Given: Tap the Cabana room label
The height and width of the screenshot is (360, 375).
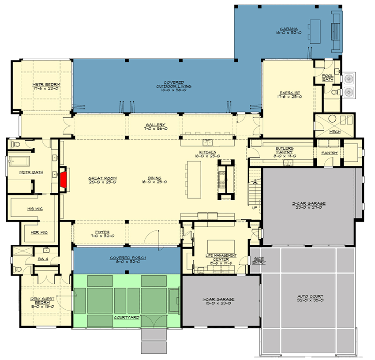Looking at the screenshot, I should pos(289,30).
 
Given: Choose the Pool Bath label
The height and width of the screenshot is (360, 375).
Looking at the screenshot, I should pos(327,78).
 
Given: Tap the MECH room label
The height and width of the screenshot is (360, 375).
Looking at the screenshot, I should pos(335,132).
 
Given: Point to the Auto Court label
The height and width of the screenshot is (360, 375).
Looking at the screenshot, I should pos(310,299).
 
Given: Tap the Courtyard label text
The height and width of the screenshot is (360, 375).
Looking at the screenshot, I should pos(127,317).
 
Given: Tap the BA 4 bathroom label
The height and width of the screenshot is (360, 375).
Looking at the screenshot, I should pos(43,259).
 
